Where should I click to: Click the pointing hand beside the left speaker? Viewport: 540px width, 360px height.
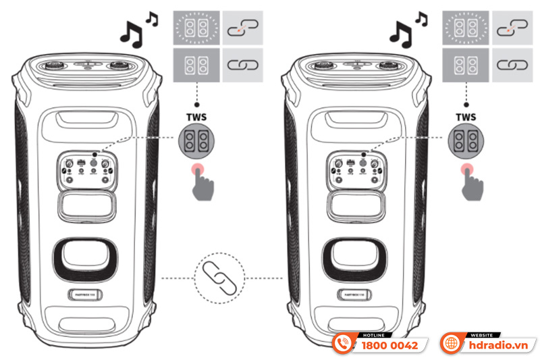tap(200, 181)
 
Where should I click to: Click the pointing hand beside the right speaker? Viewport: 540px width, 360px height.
tap(471, 181)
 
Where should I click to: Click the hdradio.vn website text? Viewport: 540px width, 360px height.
tap(499, 345)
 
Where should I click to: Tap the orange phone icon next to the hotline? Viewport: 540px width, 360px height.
tap(344, 344)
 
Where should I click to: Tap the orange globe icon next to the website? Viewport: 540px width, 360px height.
tap(451, 344)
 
